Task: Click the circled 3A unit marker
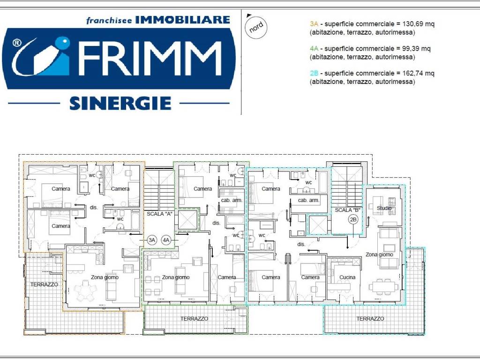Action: pos(151,240)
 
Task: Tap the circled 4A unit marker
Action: pos(166,240)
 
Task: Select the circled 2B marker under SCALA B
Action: pos(353,219)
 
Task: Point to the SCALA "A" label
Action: pos(159,213)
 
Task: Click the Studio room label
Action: pos(384,208)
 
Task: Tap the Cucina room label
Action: pos(347,277)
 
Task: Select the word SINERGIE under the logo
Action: pos(120,103)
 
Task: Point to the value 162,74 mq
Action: pos(418,73)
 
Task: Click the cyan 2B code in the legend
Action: pos(314,73)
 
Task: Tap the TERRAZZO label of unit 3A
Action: pos(44,285)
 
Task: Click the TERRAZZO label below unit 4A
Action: pos(194,318)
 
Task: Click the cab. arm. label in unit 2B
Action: pos(308,200)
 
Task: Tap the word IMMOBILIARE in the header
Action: pos(182,20)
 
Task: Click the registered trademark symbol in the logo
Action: pos(17,43)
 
